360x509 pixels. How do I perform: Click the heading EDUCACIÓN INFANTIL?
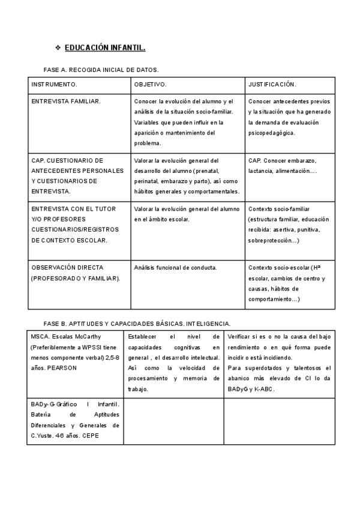[x=105, y=47]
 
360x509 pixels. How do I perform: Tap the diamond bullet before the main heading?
[x=58, y=47]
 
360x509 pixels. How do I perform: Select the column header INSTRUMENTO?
[x=54, y=84]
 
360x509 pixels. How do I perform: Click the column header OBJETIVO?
[x=150, y=84]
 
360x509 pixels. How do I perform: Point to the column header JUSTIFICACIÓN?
[x=272, y=84]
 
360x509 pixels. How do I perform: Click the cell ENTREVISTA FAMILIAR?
[x=66, y=101]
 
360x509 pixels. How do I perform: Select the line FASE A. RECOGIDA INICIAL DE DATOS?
[x=101, y=70]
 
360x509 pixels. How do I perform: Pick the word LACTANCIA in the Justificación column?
[x=260, y=171]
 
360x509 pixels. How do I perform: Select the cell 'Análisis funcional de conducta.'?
[x=175, y=268]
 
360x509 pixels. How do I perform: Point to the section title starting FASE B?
[x=137, y=323]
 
